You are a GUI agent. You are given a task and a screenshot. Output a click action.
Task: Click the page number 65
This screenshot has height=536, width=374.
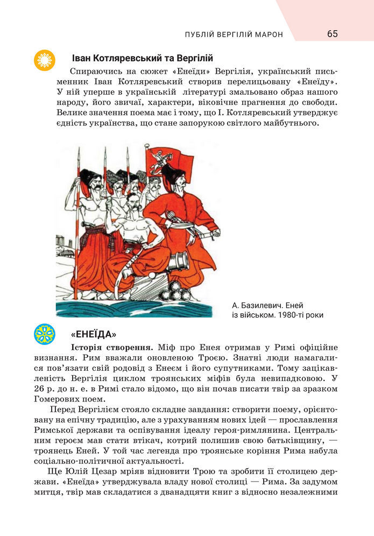(332, 34)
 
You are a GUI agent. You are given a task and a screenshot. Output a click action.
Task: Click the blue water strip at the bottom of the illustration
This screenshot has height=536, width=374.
(135, 309)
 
